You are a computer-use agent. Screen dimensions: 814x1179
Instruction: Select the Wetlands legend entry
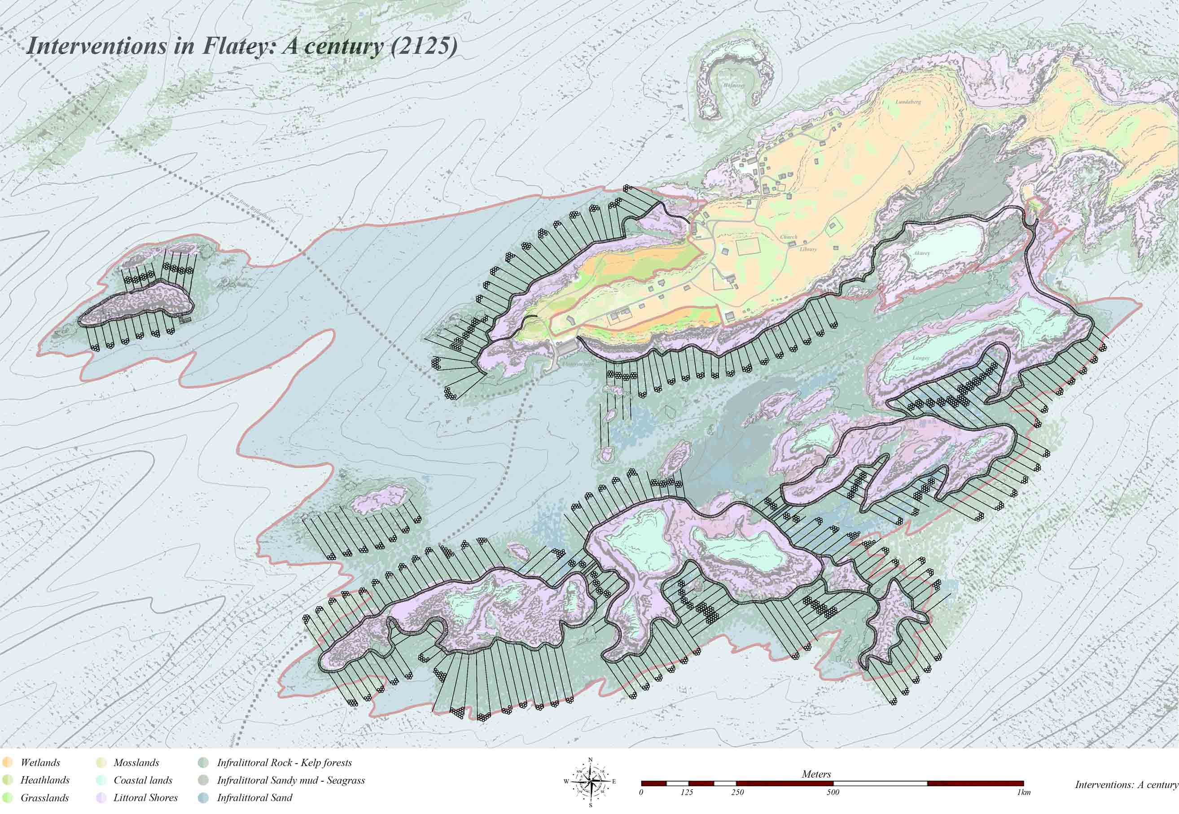(x=40, y=763)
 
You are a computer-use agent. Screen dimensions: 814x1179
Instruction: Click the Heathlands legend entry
(x=44, y=780)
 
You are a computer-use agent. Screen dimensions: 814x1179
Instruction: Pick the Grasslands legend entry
(x=44, y=798)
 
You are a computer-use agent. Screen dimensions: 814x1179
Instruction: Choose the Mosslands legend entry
(x=136, y=763)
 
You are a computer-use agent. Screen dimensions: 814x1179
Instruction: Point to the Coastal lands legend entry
(x=142, y=780)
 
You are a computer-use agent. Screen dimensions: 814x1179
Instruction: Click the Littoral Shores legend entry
(x=145, y=798)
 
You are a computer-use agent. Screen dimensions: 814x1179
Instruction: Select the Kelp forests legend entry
(x=284, y=763)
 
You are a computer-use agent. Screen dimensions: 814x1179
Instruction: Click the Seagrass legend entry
(x=291, y=780)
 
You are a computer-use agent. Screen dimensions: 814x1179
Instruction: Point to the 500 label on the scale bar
(x=832, y=792)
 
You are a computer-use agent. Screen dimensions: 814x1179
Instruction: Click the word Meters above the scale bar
(x=816, y=774)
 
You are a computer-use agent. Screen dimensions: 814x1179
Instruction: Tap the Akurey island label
(x=921, y=253)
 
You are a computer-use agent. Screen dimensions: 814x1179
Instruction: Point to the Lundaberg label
(x=908, y=102)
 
